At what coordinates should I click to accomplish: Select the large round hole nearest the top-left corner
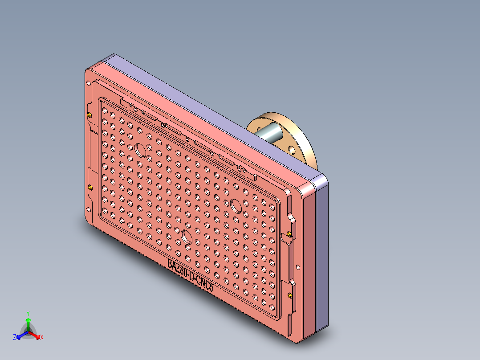pyautogui.click(x=141, y=150)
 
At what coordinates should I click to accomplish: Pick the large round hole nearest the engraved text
pyautogui.click(x=186, y=236)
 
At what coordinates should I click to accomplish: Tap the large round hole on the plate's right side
pyautogui.click(x=236, y=205)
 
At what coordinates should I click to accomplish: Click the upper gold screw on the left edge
pyautogui.click(x=90, y=115)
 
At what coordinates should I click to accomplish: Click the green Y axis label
pyautogui.click(x=28, y=313)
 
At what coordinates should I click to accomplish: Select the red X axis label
pyautogui.click(x=42, y=338)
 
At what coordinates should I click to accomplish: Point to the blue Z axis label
pyautogui.click(x=15, y=338)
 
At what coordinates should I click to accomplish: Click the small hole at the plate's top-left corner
pyautogui.click(x=89, y=83)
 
